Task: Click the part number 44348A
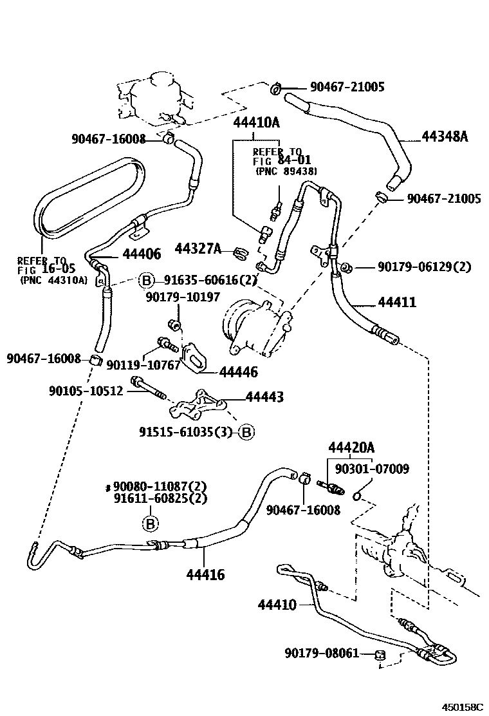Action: tap(445, 137)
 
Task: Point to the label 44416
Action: tap(205, 574)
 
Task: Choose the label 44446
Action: tap(238, 372)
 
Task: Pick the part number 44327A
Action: tap(198, 249)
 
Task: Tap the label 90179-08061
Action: tap(322, 653)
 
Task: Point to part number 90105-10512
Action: tap(86, 391)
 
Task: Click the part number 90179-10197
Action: tap(183, 297)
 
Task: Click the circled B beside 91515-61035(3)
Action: tap(246, 432)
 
